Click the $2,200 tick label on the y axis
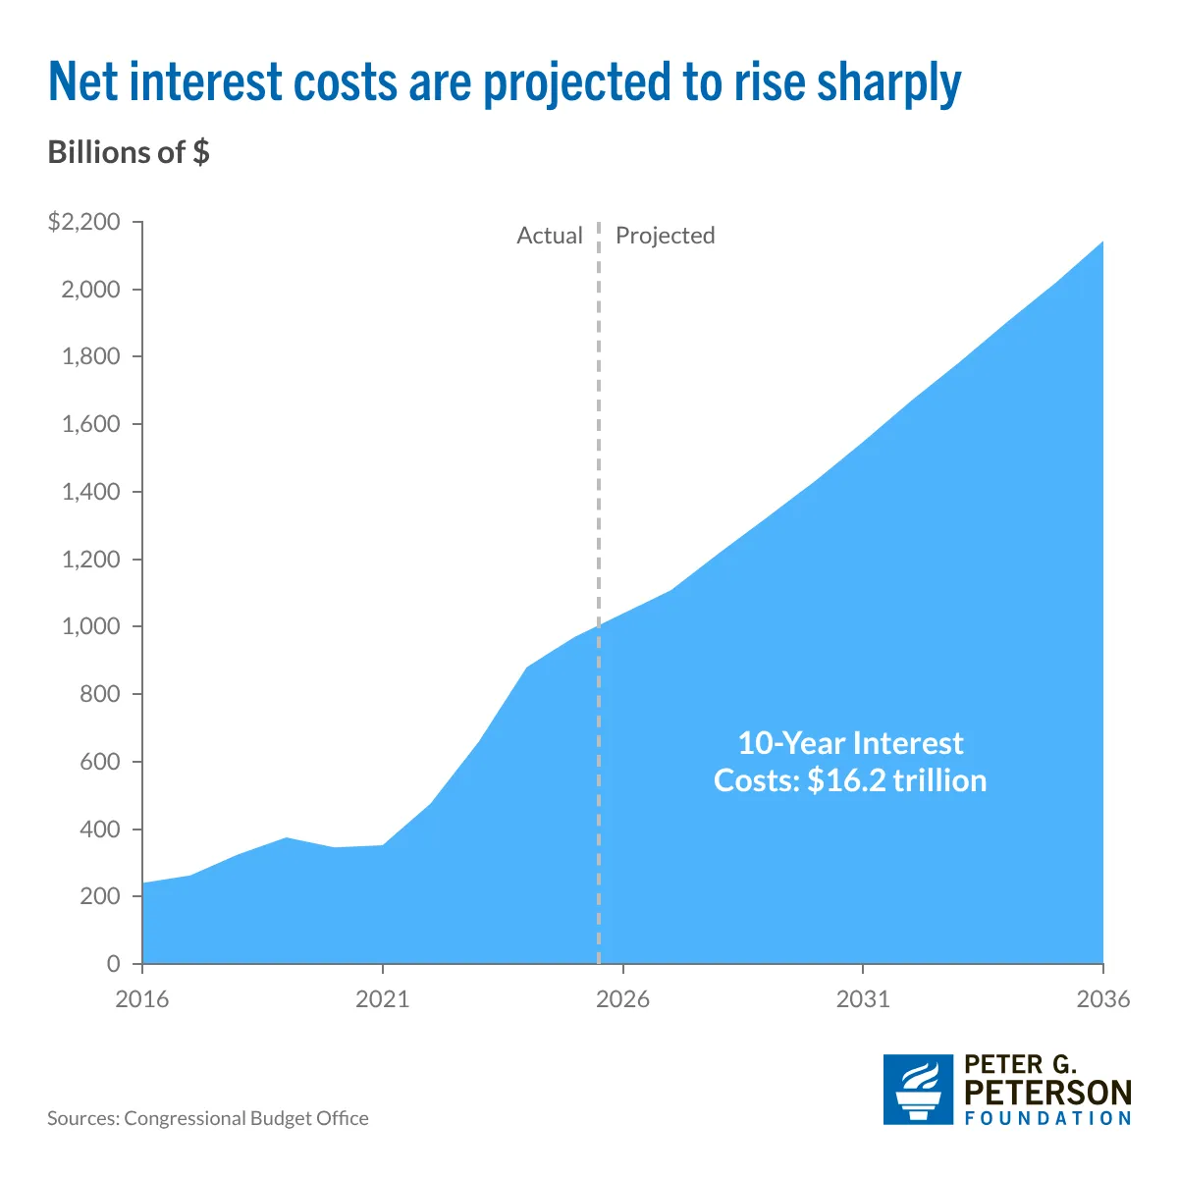[83, 221]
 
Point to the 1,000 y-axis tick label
[90, 626]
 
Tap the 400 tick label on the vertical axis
[100, 829]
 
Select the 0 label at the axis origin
[113, 963]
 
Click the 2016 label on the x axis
[141, 999]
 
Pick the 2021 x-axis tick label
[382, 999]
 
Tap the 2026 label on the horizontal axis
[622, 999]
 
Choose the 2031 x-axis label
[863, 999]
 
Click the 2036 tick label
[1102, 999]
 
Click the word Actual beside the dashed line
[550, 236]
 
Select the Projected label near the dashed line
[666, 236]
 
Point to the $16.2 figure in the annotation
[846, 780]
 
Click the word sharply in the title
[888, 83]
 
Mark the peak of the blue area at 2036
[1102, 241]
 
